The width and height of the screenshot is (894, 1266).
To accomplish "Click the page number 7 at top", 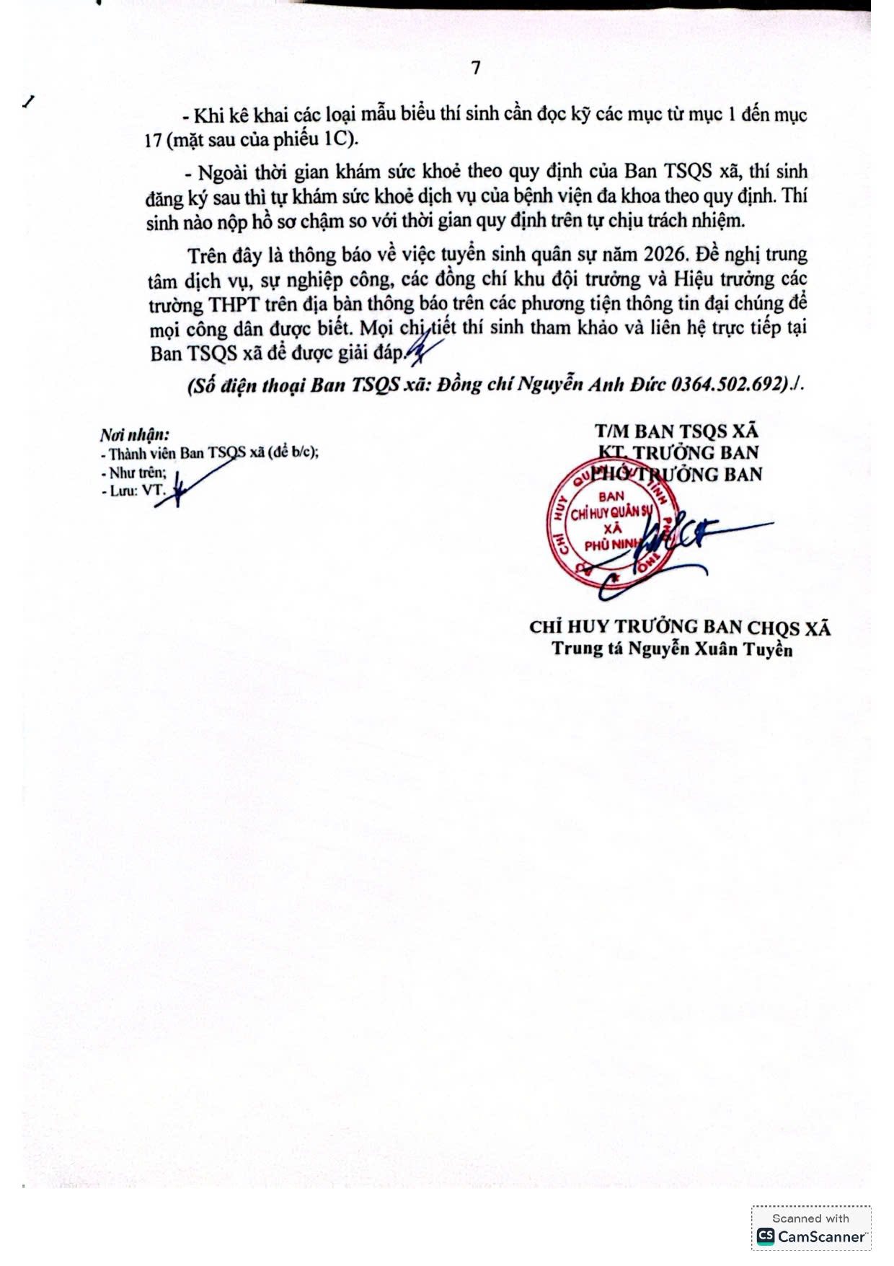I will pyautogui.click(x=476, y=68).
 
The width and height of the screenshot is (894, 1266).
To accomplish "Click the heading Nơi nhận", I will pyautogui.click(x=135, y=434).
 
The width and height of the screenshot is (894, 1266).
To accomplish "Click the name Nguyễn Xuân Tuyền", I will pyautogui.click(x=710, y=649).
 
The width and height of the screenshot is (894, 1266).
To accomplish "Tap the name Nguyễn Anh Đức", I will pyautogui.click(x=606, y=384).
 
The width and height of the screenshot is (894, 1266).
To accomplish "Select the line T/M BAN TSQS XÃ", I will pyautogui.click(x=676, y=431).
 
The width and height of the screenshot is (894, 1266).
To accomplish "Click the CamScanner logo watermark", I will pyautogui.click(x=811, y=1236).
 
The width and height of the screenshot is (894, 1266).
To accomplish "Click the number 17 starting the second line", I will pyautogui.click(x=153, y=140).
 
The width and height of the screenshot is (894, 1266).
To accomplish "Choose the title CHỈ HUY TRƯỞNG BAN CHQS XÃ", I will pyautogui.click(x=680, y=627).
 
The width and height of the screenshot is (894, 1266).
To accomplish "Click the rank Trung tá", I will pyautogui.click(x=587, y=649).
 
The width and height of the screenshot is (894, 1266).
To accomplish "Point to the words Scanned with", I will pyautogui.click(x=810, y=1218).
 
